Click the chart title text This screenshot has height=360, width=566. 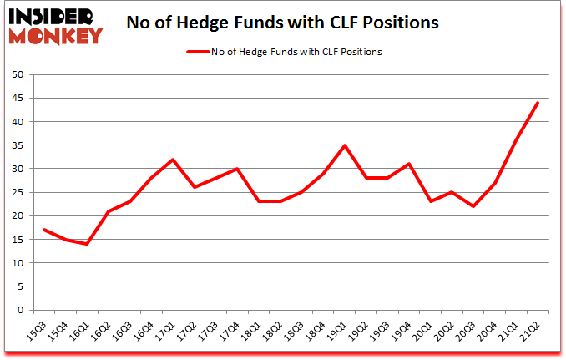click(x=282, y=23)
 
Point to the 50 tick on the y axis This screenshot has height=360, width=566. click(x=16, y=75)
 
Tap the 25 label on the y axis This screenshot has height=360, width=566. click(x=16, y=193)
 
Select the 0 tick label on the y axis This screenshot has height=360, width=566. click(x=18, y=311)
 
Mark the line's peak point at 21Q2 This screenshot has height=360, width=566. click(x=538, y=103)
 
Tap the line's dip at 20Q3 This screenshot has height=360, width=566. click(x=473, y=206)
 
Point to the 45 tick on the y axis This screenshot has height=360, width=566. click(x=16, y=99)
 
